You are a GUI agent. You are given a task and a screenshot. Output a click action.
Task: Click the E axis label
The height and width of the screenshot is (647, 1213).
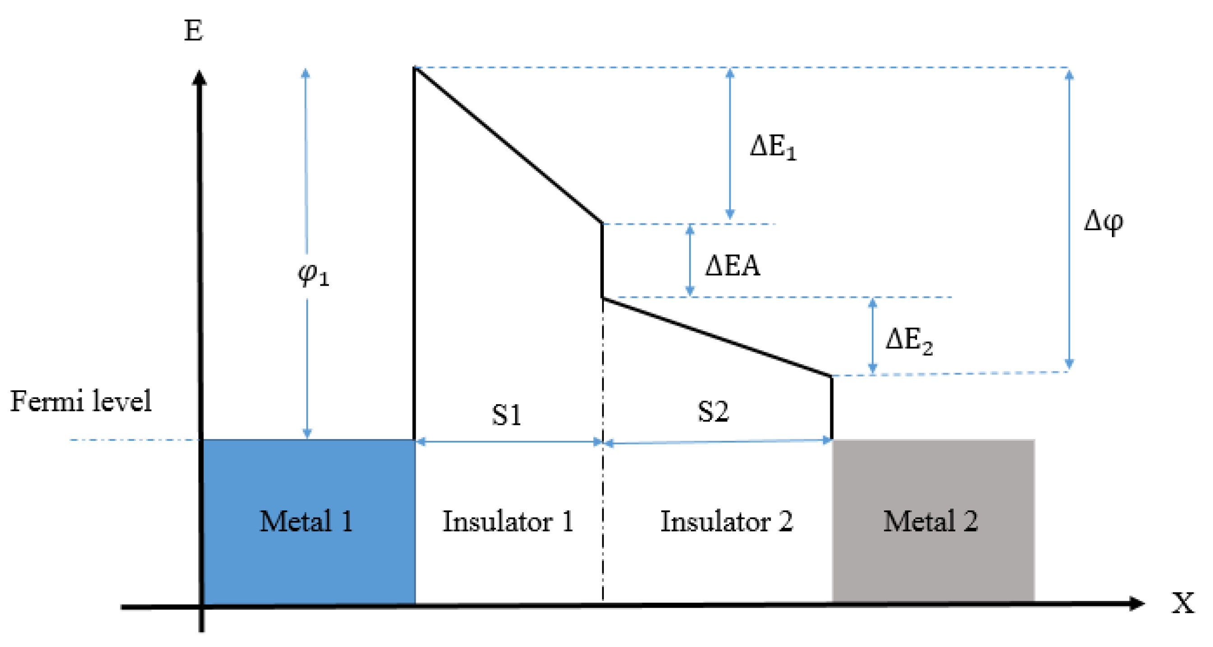[x=194, y=31]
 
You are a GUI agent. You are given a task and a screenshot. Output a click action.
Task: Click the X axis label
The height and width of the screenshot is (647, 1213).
[x=1183, y=603]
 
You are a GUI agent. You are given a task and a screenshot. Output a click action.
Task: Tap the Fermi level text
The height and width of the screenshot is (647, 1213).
[x=81, y=402]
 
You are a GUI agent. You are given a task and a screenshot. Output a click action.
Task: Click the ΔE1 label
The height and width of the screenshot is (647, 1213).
[x=773, y=147]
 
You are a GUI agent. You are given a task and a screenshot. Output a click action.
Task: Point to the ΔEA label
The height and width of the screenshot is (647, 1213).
[x=732, y=266]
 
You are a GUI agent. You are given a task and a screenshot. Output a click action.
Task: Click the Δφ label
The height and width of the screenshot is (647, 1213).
[x=1103, y=222]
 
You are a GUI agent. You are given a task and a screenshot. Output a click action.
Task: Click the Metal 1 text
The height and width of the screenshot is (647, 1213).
[x=306, y=521]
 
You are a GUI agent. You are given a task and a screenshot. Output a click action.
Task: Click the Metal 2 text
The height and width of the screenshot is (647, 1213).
[x=931, y=521]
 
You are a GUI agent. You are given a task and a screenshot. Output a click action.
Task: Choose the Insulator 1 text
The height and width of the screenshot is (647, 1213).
[x=508, y=522]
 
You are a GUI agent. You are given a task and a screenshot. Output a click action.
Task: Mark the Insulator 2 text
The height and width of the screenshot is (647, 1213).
[x=727, y=522]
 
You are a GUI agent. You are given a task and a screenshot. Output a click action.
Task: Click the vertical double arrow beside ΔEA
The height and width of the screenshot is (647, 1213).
[x=690, y=260]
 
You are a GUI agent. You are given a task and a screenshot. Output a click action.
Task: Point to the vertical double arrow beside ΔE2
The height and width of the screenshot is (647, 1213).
[x=873, y=336]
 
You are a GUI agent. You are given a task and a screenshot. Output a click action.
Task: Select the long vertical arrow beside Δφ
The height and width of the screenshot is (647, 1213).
[x=1069, y=219]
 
